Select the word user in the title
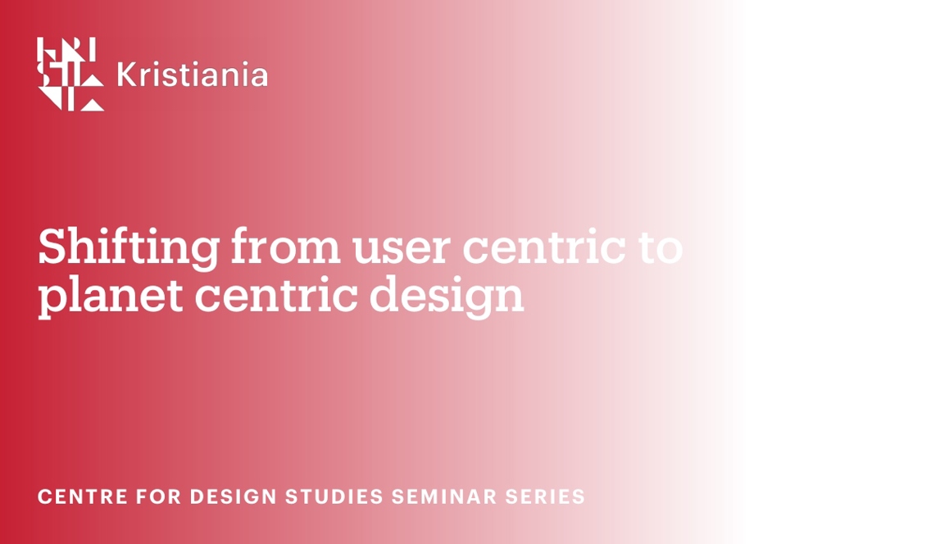402,249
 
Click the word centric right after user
543,247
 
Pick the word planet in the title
111,297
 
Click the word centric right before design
276,294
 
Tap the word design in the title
447,297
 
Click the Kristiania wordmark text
192,75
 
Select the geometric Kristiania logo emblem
70,75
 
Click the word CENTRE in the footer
83,496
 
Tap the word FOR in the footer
158,496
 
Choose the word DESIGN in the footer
234,496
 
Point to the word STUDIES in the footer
334,496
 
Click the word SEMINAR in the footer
444,496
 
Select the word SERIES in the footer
545,496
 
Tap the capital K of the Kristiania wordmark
126,75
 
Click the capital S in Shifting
52,247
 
